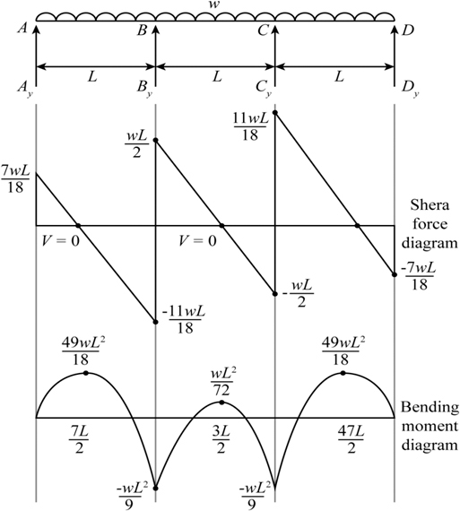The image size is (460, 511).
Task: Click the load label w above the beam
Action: click(x=213, y=5)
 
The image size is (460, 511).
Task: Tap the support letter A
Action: click(x=22, y=29)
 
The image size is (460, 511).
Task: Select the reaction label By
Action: click(x=144, y=88)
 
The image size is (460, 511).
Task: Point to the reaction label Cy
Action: click(x=264, y=88)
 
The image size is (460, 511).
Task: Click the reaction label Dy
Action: click(x=411, y=88)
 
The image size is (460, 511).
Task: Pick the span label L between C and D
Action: click(x=339, y=77)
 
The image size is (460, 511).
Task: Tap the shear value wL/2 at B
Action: click(x=136, y=144)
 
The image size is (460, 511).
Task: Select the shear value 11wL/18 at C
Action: click(x=251, y=127)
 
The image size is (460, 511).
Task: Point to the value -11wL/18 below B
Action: click(x=184, y=320)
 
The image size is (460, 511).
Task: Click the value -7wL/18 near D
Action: click(x=418, y=276)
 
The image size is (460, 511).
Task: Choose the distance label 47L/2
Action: click(x=352, y=440)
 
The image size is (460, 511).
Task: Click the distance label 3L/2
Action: click(x=221, y=440)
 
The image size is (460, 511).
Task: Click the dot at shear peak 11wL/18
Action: click(x=274, y=112)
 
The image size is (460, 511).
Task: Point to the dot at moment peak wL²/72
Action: click(x=221, y=403)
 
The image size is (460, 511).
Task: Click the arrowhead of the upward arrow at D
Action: click(x=395, y=30)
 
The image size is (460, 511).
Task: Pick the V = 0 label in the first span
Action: click(x=61, y=241)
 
